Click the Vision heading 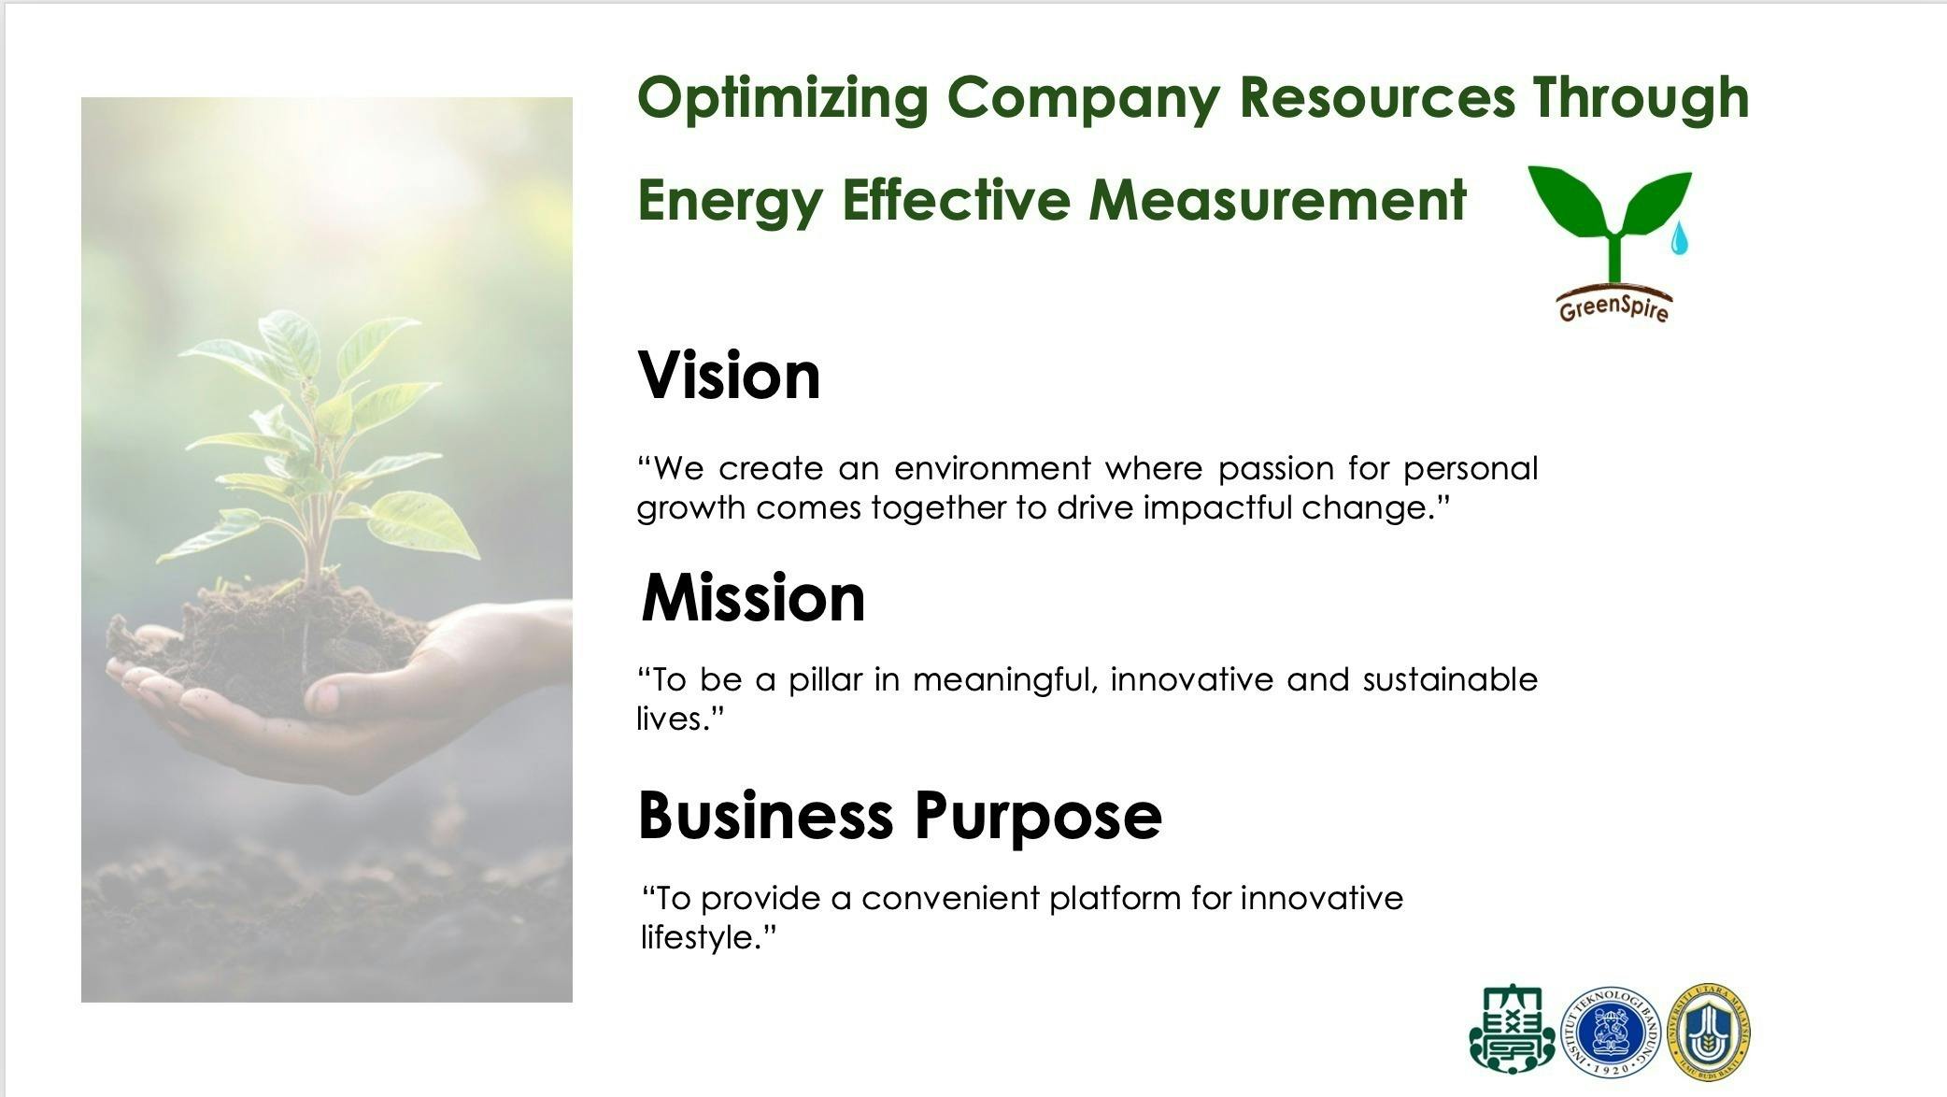729,376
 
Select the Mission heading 753,597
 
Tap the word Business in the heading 766,815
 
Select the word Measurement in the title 1278,200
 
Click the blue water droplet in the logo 1680,239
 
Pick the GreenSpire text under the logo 1613,306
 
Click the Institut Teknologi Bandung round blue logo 1611,1032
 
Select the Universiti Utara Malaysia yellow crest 1709,1032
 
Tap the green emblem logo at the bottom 1513,1029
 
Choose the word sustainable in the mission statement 1450,679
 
